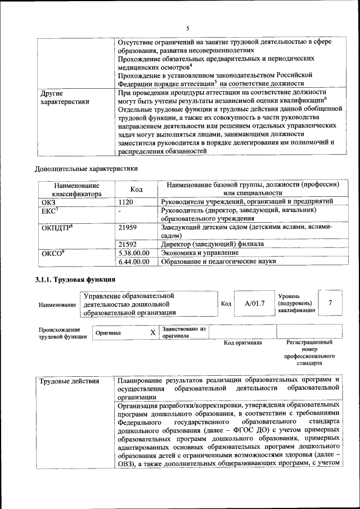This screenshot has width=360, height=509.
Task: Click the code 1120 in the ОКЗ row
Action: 127,201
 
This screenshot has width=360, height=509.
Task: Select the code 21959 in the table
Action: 130,227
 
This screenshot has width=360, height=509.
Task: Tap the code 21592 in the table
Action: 130,244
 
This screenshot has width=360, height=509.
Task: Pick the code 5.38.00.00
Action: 134,253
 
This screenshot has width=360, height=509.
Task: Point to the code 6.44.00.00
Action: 134,261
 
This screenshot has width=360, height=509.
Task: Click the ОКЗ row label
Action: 49,201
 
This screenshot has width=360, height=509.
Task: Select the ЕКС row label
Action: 49,210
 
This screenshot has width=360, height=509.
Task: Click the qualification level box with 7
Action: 330,303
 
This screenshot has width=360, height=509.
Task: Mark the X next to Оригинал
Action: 152,332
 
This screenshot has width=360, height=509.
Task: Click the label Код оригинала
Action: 242,343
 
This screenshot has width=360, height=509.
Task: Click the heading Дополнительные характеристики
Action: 86,168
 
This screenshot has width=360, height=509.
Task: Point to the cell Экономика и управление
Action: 195,253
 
